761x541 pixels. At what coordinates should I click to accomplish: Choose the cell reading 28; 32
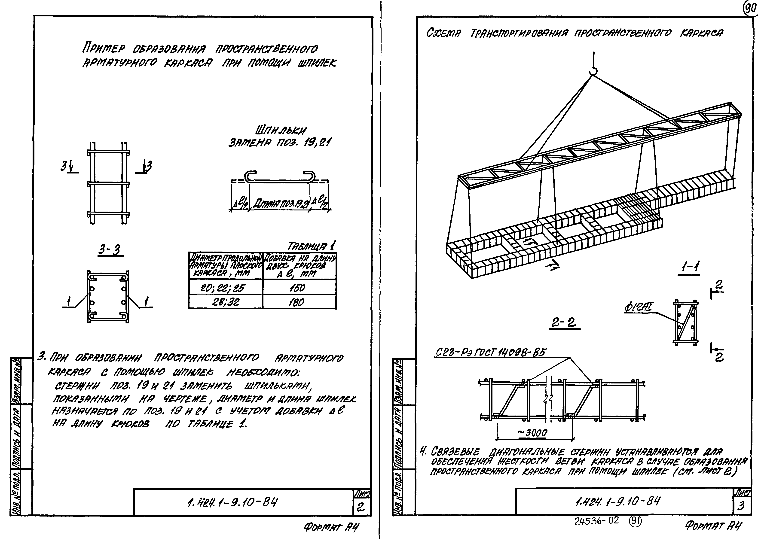pos(226,302)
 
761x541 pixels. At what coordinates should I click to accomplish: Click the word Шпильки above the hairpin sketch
pos(281,130)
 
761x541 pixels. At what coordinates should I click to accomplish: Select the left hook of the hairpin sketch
pos(251,176)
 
